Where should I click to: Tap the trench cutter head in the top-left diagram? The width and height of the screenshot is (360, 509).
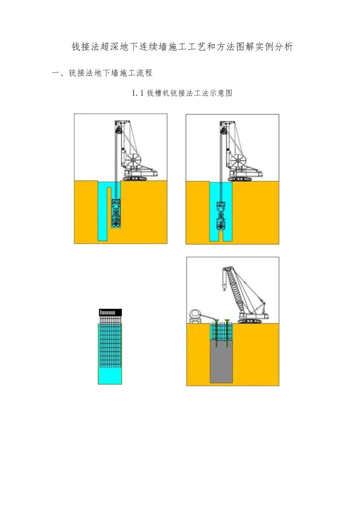coord(116,214)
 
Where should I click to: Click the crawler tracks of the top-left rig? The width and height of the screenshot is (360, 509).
coord(135,178)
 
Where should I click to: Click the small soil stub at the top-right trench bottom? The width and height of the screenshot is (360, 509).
coord(221,236)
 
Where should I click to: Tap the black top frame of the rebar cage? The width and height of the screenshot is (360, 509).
coord(110,313)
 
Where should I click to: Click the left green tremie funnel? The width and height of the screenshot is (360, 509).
coord(216,321)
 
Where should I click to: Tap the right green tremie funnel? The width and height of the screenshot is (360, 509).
coord(227,321)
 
